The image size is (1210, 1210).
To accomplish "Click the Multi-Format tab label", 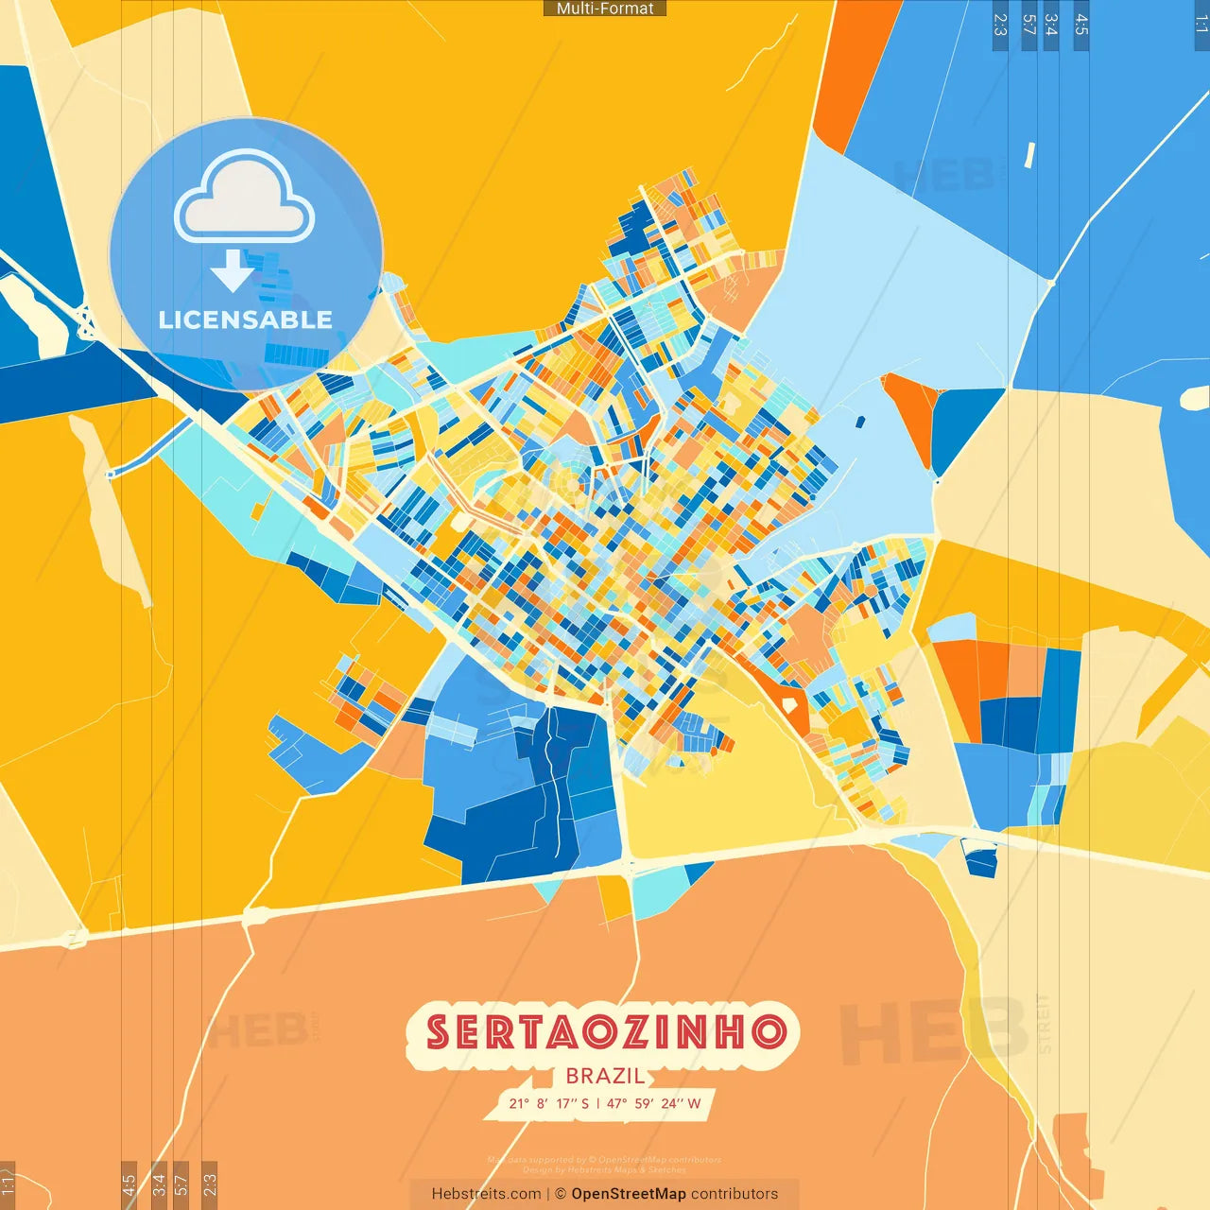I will coord(605,9).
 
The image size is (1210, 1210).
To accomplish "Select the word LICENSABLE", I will coord(245,320).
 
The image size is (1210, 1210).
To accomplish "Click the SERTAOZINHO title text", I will coord(605,1031).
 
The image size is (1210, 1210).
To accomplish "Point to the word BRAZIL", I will coord(605,1076).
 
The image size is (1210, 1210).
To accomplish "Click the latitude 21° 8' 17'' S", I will coord(548,1103).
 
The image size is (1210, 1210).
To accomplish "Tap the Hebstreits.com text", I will coord(486,1194).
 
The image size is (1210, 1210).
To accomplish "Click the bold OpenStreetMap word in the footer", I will coord(628,1194).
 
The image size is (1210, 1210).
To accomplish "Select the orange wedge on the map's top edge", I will coord(851,66).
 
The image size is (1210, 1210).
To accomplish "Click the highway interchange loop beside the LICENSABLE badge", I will coord(87,321).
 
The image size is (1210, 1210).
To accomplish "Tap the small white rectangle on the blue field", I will coord(1029,155).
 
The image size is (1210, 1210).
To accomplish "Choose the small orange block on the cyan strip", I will coord(257,511).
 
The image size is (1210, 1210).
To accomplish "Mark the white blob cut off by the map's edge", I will coord(1197,397).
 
